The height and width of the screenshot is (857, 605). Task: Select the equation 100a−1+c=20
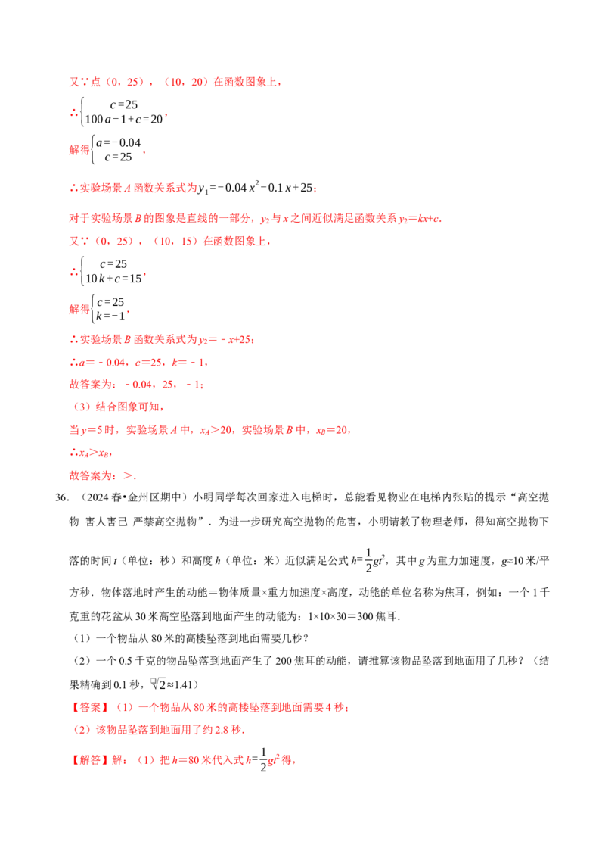(124, 119)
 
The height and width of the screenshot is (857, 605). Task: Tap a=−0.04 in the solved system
(119, 142)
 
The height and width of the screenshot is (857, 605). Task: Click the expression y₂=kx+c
(419, 219)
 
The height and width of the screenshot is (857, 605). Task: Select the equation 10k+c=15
(113, 278)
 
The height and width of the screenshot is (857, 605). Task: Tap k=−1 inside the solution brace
(110, 316)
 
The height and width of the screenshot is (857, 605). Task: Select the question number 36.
(61, 497)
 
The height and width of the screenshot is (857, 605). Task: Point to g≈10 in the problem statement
(512, 561)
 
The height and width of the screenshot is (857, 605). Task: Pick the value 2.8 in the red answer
(221, 731)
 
